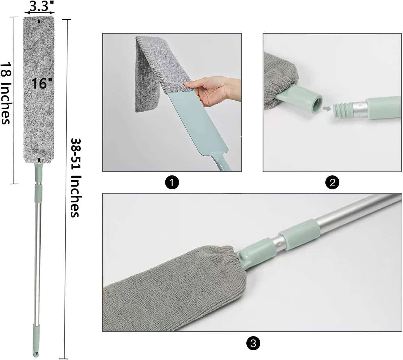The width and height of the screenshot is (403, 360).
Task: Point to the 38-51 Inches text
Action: [75, 178]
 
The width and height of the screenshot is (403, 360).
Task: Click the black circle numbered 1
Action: [172, 183]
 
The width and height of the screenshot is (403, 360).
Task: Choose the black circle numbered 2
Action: [332, 183]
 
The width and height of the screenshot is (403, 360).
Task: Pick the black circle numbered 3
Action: [253, 343]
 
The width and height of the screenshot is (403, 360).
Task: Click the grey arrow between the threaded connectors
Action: [326, 108]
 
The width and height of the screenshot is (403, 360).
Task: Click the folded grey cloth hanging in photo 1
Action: [147, 73]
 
